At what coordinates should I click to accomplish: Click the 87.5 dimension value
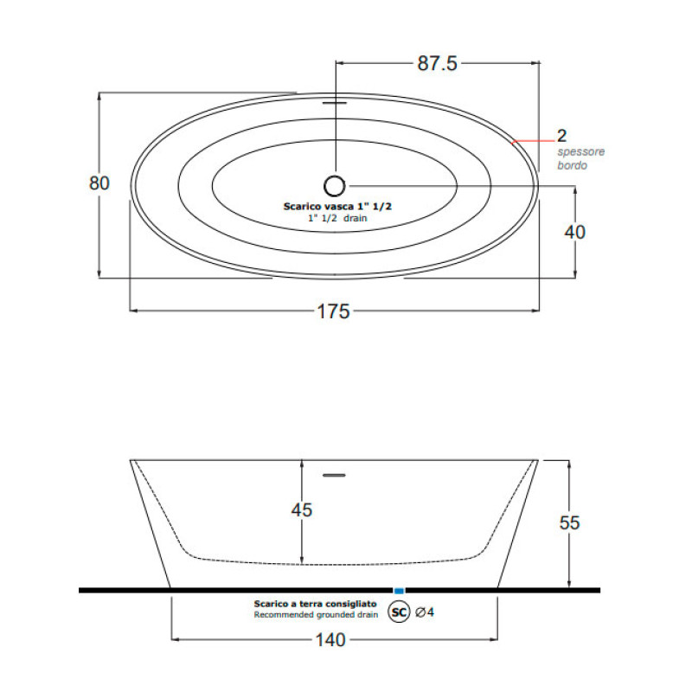click(438, 63)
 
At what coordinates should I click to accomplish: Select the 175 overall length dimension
click(334, 312)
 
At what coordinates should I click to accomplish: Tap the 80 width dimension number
click(99, 183)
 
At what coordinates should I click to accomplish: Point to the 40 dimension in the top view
click(575, 231)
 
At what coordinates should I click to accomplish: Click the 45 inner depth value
click(300, 510)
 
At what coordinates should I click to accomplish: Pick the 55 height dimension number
click(568, 522)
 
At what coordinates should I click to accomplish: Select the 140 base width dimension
click(332, 640)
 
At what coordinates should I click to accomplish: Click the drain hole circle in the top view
click(335, 183)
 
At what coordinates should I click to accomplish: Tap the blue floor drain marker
click(399, 590)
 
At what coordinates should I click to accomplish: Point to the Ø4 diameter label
click(424, 612)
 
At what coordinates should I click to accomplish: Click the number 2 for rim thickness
click(561, 136)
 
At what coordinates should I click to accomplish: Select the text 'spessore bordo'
click(580, 158)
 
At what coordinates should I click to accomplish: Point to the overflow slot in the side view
click(334, 474)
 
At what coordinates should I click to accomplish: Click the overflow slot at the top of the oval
click(335, 100)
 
